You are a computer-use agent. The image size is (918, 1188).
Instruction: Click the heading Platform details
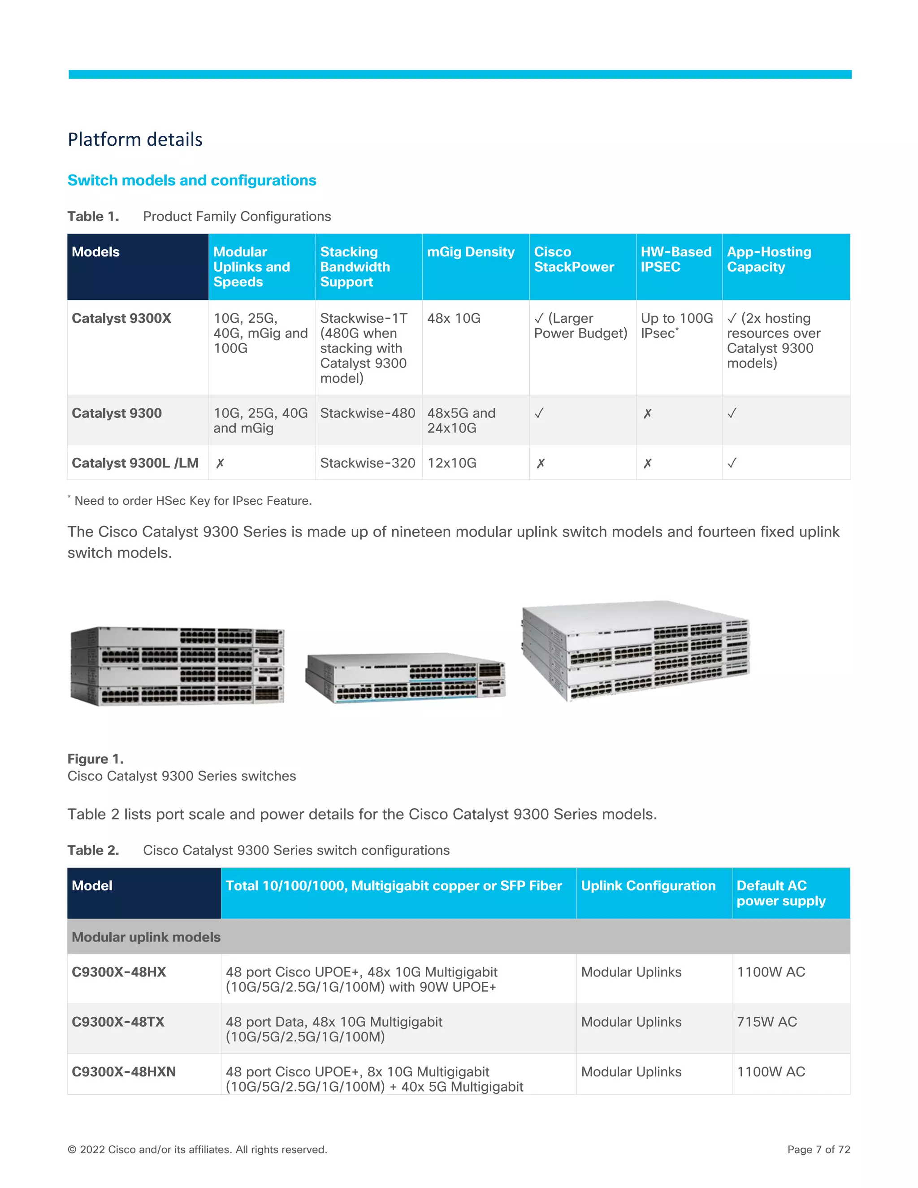pos(135,140)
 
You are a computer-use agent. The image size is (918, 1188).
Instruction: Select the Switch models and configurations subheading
pos(191,180)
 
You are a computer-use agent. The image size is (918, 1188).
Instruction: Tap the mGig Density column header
pos(470,252)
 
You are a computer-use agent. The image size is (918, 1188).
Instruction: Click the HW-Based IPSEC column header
pos(676,259)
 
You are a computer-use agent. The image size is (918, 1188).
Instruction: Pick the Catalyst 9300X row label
pos(121,318)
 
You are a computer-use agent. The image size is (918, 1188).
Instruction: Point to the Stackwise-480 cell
pos(368,413)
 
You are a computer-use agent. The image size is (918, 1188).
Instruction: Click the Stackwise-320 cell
pos(368,463)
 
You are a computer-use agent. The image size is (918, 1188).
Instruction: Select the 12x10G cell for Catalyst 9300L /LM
pos(451,463)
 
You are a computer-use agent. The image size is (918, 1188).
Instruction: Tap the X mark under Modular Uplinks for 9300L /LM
pos(220,464)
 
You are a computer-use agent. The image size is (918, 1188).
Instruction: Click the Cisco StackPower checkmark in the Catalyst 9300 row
pos(538,413)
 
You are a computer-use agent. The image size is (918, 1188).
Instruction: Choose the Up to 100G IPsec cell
pos(676,325)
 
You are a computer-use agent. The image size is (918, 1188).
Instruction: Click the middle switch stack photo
pos(405,678)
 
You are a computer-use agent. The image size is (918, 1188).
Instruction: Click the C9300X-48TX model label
pos(118,1022)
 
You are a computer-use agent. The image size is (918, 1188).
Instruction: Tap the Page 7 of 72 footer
pos(818,1149)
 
